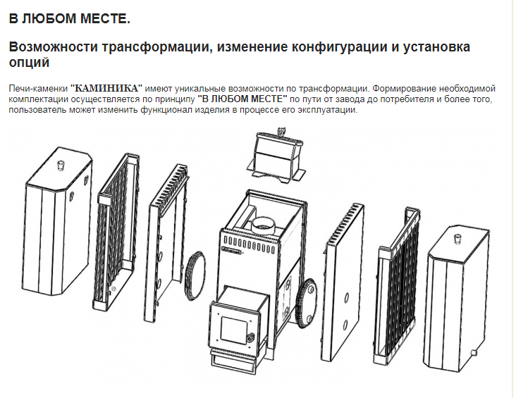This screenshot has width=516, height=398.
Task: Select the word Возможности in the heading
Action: click(x=54, y=47)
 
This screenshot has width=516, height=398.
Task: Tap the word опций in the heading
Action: click(x=29, y=63)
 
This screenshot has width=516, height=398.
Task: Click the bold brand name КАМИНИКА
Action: click(x=106, y=89)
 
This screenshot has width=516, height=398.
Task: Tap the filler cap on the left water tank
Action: click(x=61, y=166)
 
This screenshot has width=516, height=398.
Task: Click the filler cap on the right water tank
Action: click(x=457, y=239)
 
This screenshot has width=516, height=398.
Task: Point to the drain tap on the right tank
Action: click(x=474, y=353)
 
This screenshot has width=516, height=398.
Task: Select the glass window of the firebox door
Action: click(x=234, y=329)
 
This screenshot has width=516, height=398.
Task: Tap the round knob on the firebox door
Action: click(x=251, y=337)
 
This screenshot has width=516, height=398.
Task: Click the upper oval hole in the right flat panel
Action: click(x=347, y=298)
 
